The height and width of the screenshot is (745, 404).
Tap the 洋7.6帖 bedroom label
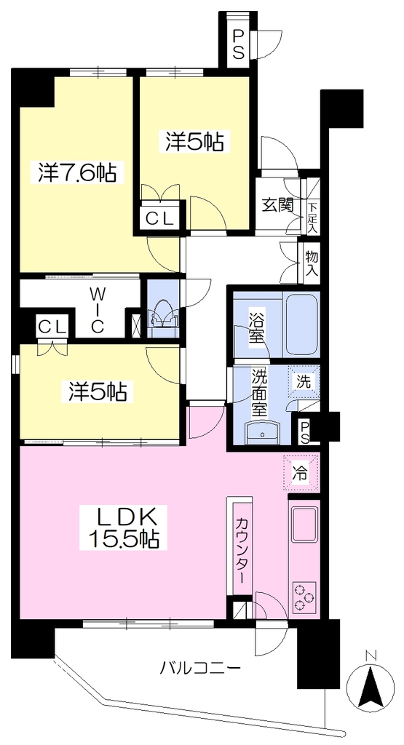[76, 173]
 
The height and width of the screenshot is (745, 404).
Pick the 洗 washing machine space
[304, 381]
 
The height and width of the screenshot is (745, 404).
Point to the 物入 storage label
[312, 263]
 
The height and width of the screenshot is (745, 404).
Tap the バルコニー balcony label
[199, 669]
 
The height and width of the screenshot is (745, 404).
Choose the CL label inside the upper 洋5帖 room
[159, 218]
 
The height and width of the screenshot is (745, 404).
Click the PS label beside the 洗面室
[304, 431]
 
